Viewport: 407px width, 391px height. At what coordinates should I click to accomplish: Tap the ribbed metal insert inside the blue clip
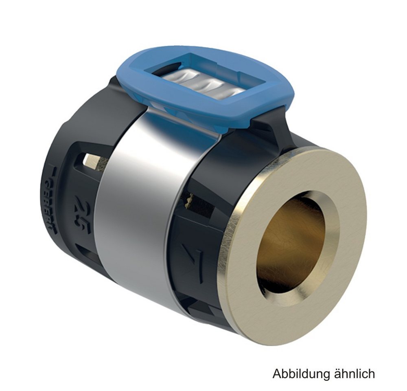pos(203,83)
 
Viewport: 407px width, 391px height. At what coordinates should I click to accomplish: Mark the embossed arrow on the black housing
pos(191,263)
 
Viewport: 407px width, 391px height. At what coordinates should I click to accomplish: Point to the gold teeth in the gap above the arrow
pos(190,199)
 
